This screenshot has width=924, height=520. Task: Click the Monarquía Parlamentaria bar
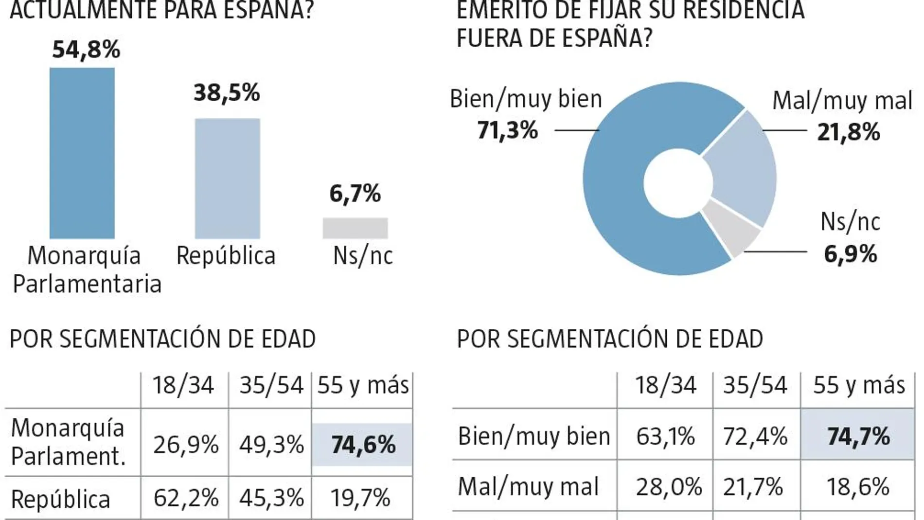tap(82, 153)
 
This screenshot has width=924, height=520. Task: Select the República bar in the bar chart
tap(227, 179)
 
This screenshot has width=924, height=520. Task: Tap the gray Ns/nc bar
tap(355, 228)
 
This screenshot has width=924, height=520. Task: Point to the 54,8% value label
tap(86, 50)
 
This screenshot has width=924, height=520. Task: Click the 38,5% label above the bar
tap(227, 92)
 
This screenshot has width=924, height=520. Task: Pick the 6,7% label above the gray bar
tap(355, 194)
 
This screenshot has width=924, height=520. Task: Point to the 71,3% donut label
tap(507, 130)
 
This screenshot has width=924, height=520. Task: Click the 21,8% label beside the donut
tap(848, 132)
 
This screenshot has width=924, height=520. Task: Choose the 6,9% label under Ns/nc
tap(850, 254)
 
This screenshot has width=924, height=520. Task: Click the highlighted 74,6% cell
tap(362, 445)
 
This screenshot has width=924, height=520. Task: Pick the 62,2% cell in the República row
tap(185, 498)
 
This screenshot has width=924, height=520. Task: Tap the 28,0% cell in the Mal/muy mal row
tap(668, 487)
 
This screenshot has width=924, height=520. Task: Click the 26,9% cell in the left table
tap(185, 445)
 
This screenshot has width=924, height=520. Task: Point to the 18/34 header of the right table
tap(665, 386)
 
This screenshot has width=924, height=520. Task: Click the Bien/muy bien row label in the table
tap(533, 436)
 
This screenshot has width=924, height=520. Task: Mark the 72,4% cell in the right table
tap(755, 436)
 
